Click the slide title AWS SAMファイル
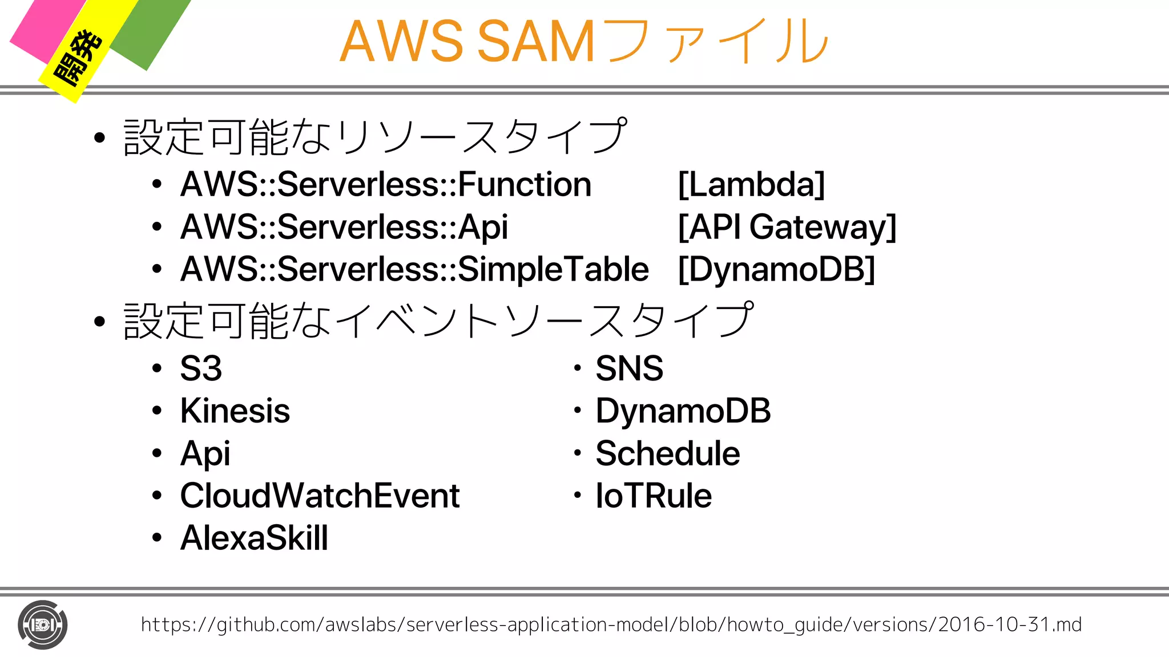tap(583, 41)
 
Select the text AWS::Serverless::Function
tap(386, 185)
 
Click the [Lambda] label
tap(751, 185)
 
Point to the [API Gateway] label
tap(787, 227)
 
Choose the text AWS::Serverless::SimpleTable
tap(414, 269)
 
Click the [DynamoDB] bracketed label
tap(776, 269)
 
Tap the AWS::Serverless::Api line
tap(344, 227)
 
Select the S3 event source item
tap(200, 368)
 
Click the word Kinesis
tap(235, 411)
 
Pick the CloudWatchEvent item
tap(320, 496)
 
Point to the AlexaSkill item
tap(254, 538)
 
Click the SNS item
tap(629, 368)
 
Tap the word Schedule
tap(667, 453)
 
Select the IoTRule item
tap(654, 496)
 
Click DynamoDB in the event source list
tap(683, 411)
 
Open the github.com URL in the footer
tap(611, 624)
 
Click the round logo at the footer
tap(42, 625)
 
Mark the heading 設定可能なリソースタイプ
tap(375, 137)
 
